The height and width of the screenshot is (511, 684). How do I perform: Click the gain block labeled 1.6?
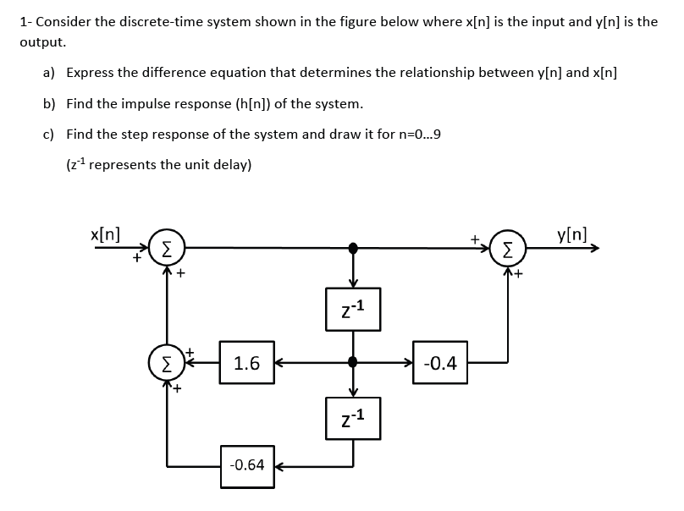point(246,364)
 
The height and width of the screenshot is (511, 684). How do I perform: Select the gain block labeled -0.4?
point(440,364)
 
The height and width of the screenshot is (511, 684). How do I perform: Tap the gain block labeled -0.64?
point(246,466)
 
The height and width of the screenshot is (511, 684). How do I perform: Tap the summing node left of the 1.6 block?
point(167,364)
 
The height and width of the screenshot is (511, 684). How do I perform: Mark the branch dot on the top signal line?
point(353,247)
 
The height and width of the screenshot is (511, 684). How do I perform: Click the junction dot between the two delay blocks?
point(353,364)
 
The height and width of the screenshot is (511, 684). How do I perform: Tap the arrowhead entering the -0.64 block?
point(280,466)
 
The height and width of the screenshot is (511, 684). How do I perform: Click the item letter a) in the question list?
point(50,73)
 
